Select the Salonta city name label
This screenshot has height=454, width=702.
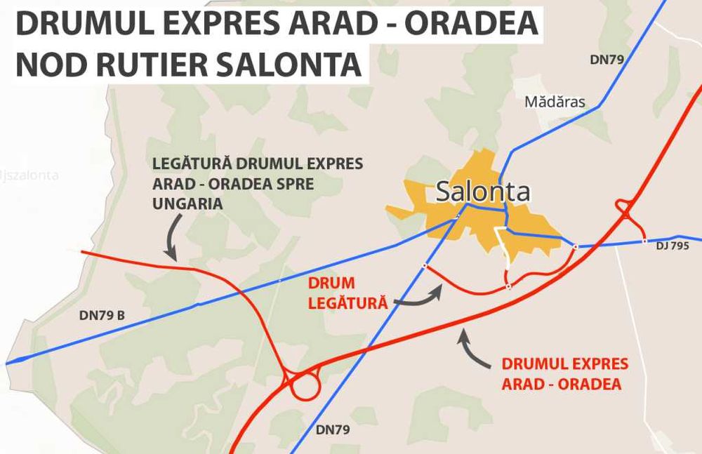click(x=483, y=192)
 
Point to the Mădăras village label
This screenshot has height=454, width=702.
click(x=555, y=102)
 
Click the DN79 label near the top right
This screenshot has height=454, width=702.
click(x=607, y=60)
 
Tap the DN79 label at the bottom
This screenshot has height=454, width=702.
click(x=332, y=428)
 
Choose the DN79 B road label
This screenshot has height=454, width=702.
click(x=102, y=315)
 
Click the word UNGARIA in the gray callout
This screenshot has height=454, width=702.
click(x=187, y=203)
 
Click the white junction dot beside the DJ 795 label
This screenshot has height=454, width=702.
click(x=644, y=241)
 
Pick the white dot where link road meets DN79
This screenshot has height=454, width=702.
click(x=424, y=265)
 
